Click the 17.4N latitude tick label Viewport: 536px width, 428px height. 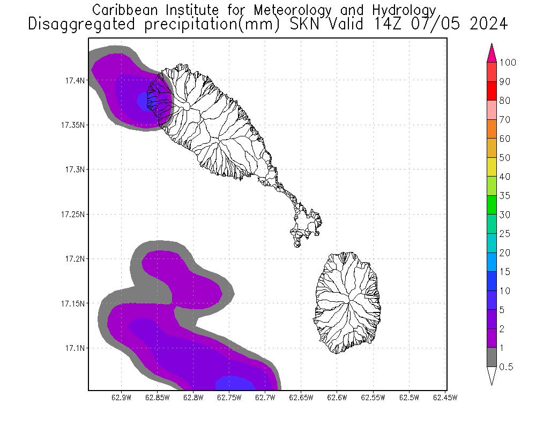(72, 80)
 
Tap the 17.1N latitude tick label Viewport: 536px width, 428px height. (72, 348)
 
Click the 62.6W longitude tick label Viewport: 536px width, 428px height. (337, 398)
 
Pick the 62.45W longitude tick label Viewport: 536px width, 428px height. (444, 398)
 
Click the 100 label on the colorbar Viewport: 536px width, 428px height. (507, 63)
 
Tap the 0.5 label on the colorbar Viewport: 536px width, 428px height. (506, 367)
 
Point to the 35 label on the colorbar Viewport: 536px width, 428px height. (504, 196)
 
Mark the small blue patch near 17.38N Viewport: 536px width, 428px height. (143, 100)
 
